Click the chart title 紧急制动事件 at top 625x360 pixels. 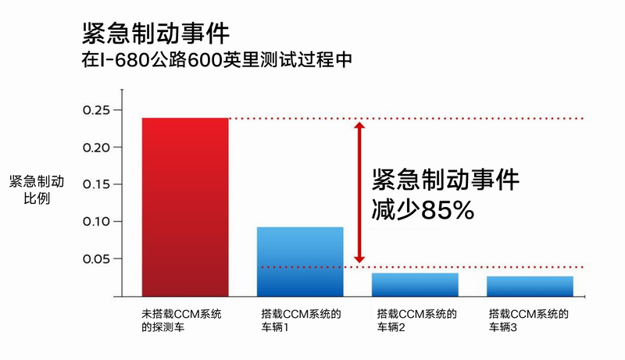(x=155, y=34)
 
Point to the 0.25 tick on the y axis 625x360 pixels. (x=98, y=110)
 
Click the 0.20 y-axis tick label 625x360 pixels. (x=98, y=147)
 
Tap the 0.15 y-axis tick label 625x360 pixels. (x=98, y=184)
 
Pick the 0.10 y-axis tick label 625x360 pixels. (x=98, y=222)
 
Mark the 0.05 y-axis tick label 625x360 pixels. (x=98, y=258)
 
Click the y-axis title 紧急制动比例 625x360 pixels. (x=37, y=190)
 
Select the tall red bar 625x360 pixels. (x=185, y=207)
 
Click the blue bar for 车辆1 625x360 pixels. (x=300, y=262)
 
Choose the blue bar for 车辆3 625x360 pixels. (x=530, y=286)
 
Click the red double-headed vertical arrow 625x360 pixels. (x=359, y=192)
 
